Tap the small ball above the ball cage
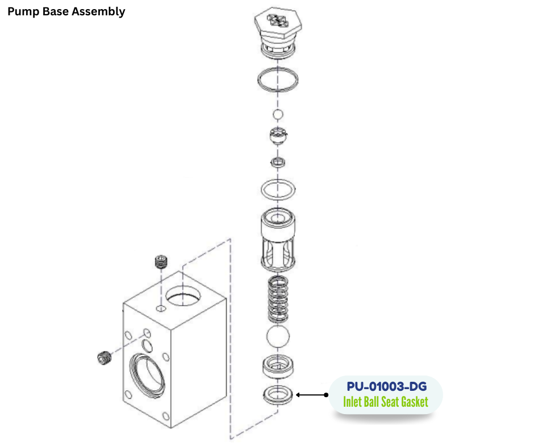coord(278,115)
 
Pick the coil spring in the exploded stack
coord(278,300)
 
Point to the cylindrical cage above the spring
coord(278,239)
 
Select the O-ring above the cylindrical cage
coord(278,189)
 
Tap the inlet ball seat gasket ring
coord(278,394)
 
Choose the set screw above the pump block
coord(162,263)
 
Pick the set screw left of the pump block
coord(103,359)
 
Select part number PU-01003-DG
coord(386,387)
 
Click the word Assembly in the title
coord(99,11)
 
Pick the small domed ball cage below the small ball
coord(278,137)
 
